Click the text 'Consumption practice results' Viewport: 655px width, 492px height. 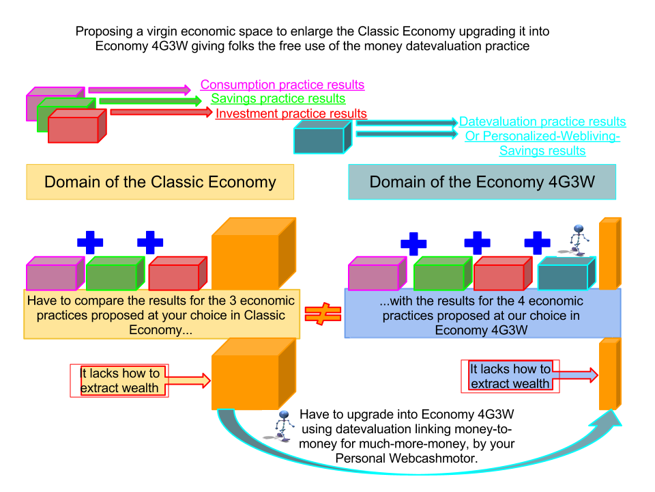tap(282, 85)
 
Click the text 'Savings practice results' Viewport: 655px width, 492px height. tap(278, 99)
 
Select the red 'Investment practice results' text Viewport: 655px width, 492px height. tap(291, 113)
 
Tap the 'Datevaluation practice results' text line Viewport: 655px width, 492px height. tap(542, 122)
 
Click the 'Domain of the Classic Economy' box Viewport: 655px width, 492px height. tap(160, 182)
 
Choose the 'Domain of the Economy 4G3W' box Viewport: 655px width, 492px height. tap(482, 182)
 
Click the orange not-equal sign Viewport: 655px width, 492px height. tap(322, 314)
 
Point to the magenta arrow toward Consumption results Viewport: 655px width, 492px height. tap(139, 90)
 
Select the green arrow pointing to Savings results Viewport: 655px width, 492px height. tap(150, 101)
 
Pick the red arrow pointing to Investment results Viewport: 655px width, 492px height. tap(161, 112)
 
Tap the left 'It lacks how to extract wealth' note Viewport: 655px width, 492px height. tap(120, 381)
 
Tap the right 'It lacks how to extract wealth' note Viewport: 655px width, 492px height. tap(510, 377)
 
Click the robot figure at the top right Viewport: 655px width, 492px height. tap(572, 240)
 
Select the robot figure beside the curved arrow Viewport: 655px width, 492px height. tap(278, 426)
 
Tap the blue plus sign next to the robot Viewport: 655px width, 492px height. tap(537, 243)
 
